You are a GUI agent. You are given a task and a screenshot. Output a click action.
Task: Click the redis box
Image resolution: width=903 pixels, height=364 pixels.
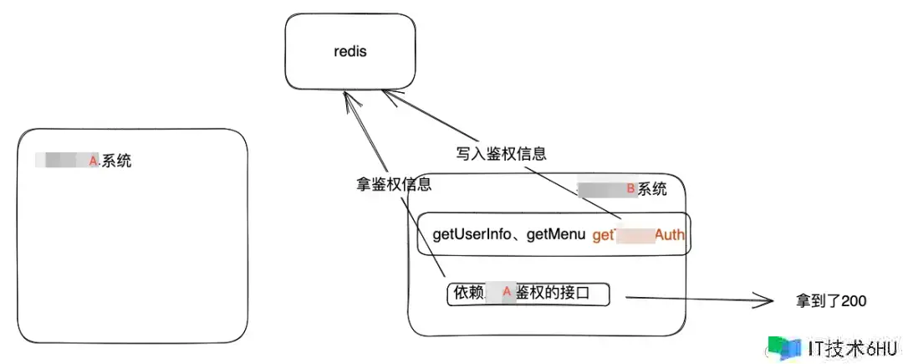350,52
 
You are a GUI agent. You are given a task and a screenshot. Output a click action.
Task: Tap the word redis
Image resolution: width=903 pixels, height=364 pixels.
350,52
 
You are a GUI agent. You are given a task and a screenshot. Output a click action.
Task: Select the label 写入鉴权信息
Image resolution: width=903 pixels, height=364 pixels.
501,153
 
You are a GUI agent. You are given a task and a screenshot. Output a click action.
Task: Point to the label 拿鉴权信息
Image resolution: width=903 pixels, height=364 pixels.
394,184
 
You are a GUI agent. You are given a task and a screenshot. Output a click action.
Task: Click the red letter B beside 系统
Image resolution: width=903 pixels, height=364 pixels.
631,189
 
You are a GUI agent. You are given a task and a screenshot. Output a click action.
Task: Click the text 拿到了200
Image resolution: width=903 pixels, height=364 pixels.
831,300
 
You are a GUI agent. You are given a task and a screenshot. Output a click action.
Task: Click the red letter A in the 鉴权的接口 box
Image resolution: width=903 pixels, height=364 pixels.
506,293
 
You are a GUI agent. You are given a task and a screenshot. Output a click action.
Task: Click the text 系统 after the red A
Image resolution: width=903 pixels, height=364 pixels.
116,161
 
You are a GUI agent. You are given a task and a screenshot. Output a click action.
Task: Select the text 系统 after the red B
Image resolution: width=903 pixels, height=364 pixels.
653,189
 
